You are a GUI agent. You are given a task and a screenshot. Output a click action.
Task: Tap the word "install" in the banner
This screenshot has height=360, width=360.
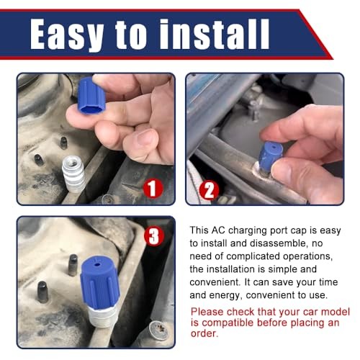pos(215,34)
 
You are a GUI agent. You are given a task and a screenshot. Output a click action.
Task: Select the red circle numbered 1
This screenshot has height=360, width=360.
pos(153,189)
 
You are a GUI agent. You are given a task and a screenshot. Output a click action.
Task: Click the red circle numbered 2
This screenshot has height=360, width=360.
pos(209,190)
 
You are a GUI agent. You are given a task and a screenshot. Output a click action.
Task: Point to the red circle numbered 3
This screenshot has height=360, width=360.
pos(154,235)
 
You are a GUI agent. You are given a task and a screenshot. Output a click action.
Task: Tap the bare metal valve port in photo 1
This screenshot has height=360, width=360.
pos(73,174)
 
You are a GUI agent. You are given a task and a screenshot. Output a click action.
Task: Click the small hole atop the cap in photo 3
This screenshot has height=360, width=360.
pos(96,264)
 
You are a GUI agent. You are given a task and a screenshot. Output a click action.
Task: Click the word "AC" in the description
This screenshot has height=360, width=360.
pos(218,230)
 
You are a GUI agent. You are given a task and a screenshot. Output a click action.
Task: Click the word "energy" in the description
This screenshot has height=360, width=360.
pos(224,295)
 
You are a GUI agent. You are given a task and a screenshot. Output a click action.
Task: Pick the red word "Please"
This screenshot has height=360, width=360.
pos(207,312)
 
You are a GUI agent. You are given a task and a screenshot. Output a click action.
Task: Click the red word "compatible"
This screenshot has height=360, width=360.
pos(228,323)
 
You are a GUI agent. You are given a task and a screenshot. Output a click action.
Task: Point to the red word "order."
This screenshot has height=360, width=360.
pos(204,333)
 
